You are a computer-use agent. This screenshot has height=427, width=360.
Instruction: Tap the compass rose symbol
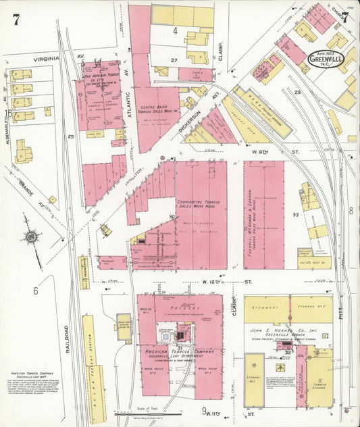(31, 237)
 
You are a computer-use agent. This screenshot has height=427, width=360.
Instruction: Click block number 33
(295, 214)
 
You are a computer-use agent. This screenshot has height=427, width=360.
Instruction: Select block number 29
(297, 91)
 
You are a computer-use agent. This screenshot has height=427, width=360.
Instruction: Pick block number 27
(174, 60)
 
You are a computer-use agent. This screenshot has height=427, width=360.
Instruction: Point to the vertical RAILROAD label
(68, 338)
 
